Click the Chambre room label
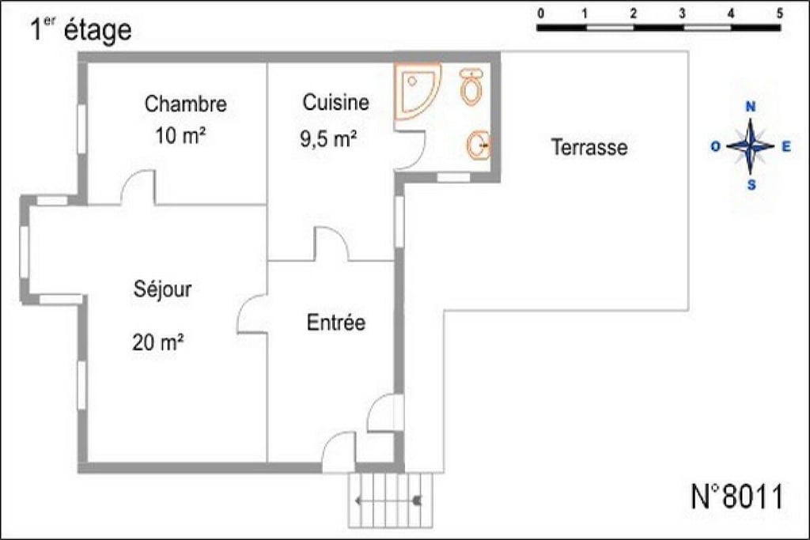185,104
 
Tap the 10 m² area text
180,136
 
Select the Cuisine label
335,102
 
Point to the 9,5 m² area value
328,139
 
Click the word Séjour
163,289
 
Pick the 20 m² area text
158,342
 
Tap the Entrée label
335,323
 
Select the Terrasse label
589,147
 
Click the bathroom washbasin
479,145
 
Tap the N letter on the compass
751,107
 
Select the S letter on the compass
751,185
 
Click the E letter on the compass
786,147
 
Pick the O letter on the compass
715,147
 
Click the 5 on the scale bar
779,13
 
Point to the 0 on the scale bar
540,13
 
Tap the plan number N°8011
737,497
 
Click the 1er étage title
81,29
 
